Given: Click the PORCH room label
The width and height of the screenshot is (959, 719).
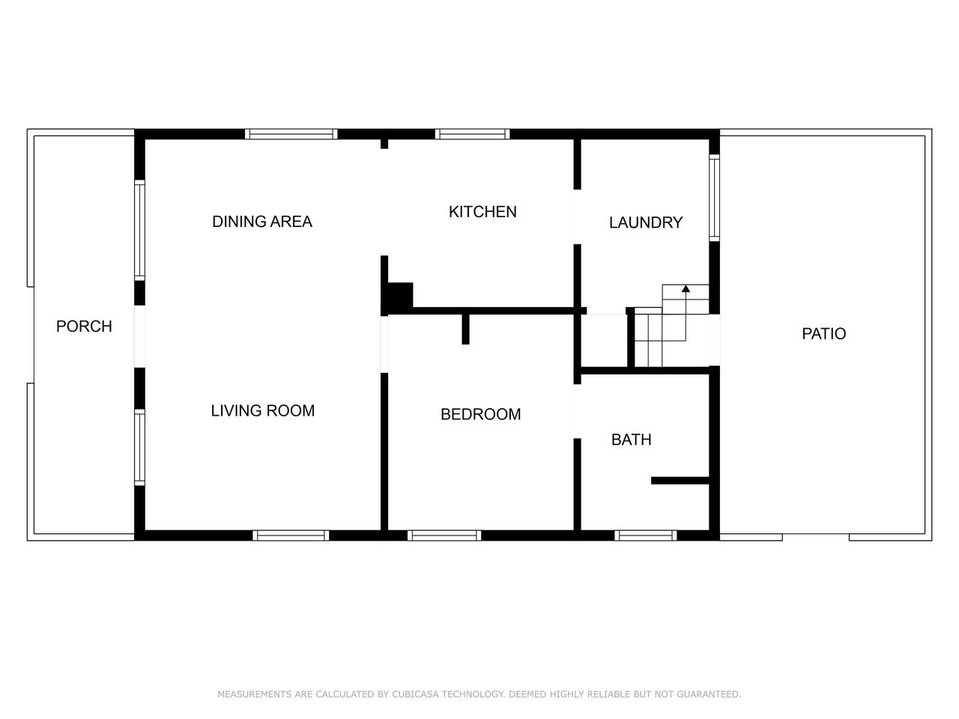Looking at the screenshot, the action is pyautogui.click(x=84, y=327).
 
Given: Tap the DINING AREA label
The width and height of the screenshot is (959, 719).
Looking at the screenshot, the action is pyautogui.click(x=262, y=222).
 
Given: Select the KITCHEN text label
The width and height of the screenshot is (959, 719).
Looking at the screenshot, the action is pyautogui.click(x=482, y=212).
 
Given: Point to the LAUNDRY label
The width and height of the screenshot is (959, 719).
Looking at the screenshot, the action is pyautogui.click(x=646, y=222).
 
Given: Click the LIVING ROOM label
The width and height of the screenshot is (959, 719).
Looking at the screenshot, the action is pyautogui.click(x=262, y=410).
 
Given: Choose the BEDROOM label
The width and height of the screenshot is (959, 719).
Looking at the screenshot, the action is pyautogui.click(x=480, y=414).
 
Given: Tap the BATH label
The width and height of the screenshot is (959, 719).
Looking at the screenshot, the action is pyautogui.click(x=632, y=440).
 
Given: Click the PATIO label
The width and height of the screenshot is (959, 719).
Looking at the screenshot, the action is pyautogui.click(x=823, y=334).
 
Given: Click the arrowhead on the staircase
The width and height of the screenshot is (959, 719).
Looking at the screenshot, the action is pyautogui.click(x=686, y=288).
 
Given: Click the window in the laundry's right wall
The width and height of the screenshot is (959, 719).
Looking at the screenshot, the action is pyautogui.click(x=714, y=198).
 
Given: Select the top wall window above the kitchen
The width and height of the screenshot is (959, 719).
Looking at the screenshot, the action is pyautogui.click(x=472, y=134).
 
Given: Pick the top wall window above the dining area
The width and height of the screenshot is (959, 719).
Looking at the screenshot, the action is pyautogui.click(x=291, y=134).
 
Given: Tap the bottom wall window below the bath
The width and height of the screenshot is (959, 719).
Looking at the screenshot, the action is pyautogui.click(x=646, y=536).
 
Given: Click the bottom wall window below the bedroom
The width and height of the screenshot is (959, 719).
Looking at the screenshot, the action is pyautogui.click(x=444, y=536).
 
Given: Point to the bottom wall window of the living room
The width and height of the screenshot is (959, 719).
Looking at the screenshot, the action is pyautogui.click(x=291, y=536).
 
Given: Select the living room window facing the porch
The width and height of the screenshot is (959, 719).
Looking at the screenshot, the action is pyautogui.click(x=139, y=447).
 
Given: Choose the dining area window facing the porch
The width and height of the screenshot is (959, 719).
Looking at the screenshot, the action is pyautogui.click(x=139, y=231).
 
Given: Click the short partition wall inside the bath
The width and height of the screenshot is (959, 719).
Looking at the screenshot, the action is pyautogui.click(x=680, y=481).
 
